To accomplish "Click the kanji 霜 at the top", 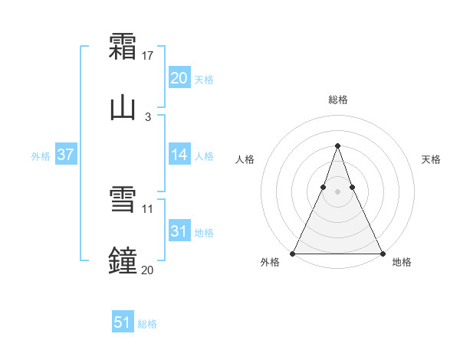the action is click(123, 46).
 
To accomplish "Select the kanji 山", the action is click(123, 107).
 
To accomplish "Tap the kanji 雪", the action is click(123, 199).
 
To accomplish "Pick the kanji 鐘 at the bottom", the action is click(123, 260).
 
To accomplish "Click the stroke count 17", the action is click(148, 56).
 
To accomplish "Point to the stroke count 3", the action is click(147, 117).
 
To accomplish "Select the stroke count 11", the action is click(148, 208).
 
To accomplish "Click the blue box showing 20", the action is click(179, 78).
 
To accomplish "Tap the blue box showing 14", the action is click(179, 155).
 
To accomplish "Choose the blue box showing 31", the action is click(179, 231).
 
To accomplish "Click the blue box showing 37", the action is click(65, 155).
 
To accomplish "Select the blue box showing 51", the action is click(123, 322).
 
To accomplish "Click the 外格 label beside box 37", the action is click(41, 156).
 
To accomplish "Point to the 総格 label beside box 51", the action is click(147, 324).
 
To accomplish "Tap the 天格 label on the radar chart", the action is click(431, 159).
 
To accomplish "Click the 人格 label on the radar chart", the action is click(245, 159).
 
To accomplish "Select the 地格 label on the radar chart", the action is click(402, 262).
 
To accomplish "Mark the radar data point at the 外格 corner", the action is click(294, 253).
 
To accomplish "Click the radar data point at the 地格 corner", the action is click(382, 253).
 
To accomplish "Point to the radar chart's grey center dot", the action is click(337, 192).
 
